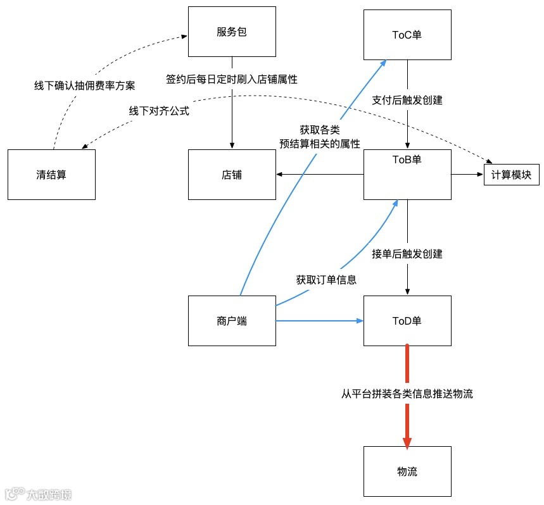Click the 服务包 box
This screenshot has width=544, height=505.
(x=232, y=32)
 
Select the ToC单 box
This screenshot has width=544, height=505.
(x=407, y=35)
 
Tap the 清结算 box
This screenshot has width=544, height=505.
(x=51, y=175)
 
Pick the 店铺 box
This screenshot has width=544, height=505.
(x=232, y=175)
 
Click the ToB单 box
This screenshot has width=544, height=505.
(x=407, y=175)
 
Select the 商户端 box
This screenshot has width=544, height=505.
(x=232, y=321)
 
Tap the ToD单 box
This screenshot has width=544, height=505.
(x=407, y=321)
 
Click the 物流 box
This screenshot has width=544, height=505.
(x=407, y=471)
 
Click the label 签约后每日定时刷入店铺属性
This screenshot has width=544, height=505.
(x=232, y=80)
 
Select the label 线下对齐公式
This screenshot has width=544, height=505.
(x=160, y=111)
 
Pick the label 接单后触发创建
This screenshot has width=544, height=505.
(x=407, y=254)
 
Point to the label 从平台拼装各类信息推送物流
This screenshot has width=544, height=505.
(x=407, y=394)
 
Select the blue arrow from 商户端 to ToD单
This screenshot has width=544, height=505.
(x=320, y=321)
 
